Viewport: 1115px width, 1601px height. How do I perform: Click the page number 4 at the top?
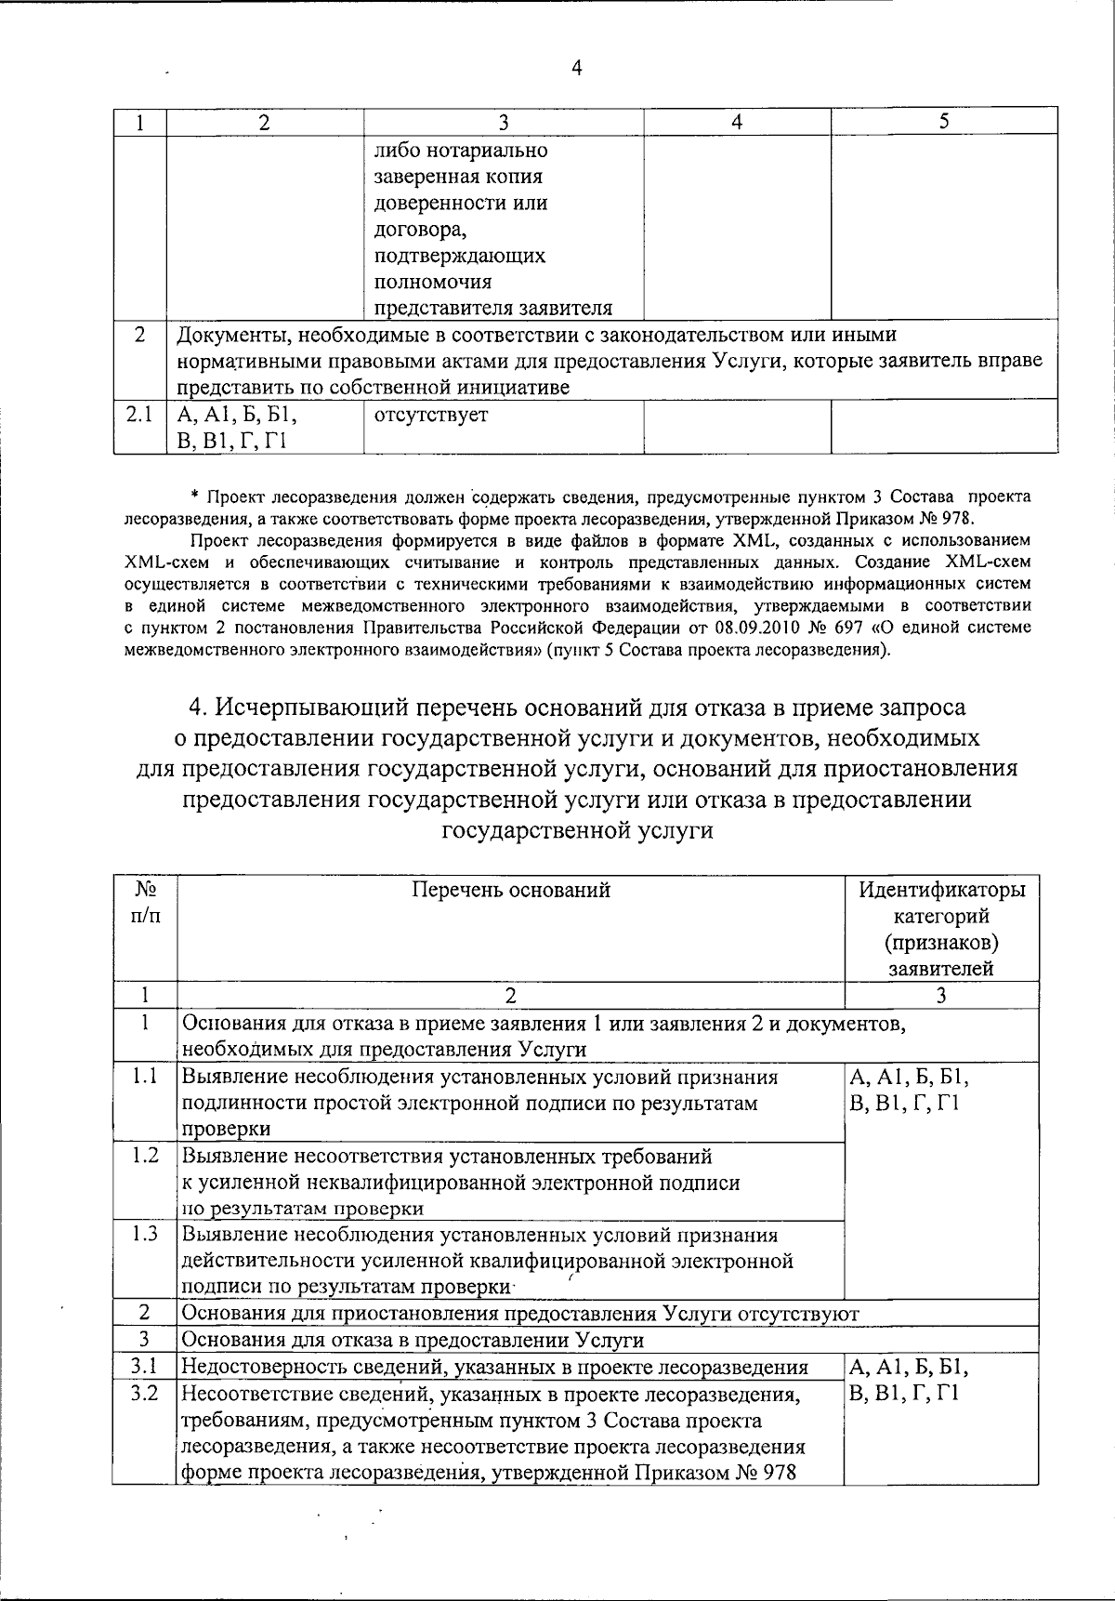point(576,68)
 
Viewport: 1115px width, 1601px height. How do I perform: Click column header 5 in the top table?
point(943,121)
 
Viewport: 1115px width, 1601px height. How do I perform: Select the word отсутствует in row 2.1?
point(430,416)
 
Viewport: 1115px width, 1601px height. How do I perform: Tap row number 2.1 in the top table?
point(139,415)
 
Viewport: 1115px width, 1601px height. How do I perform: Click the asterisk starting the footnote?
point(195,497)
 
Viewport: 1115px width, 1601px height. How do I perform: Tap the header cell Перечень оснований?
point(511,890)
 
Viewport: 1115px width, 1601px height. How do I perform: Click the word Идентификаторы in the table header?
point(941,890)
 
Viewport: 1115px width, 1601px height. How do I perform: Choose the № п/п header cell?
point(145,903)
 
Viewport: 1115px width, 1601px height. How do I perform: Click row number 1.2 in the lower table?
point(145,1155)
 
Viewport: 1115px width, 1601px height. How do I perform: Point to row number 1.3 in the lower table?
point(145,1234)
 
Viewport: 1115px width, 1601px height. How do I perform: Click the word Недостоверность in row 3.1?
point(256,1367)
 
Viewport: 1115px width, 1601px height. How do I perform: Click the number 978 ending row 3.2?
point(780,1473)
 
